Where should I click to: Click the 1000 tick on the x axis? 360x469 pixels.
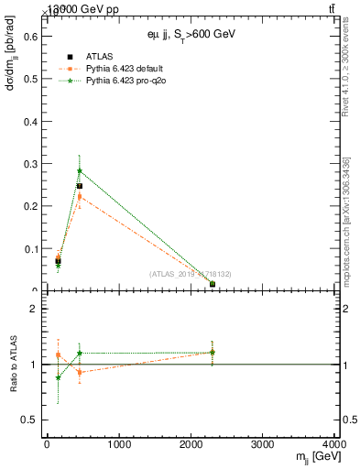118,446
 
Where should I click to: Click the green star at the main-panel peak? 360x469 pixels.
80,170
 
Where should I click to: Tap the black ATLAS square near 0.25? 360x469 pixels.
80,186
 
